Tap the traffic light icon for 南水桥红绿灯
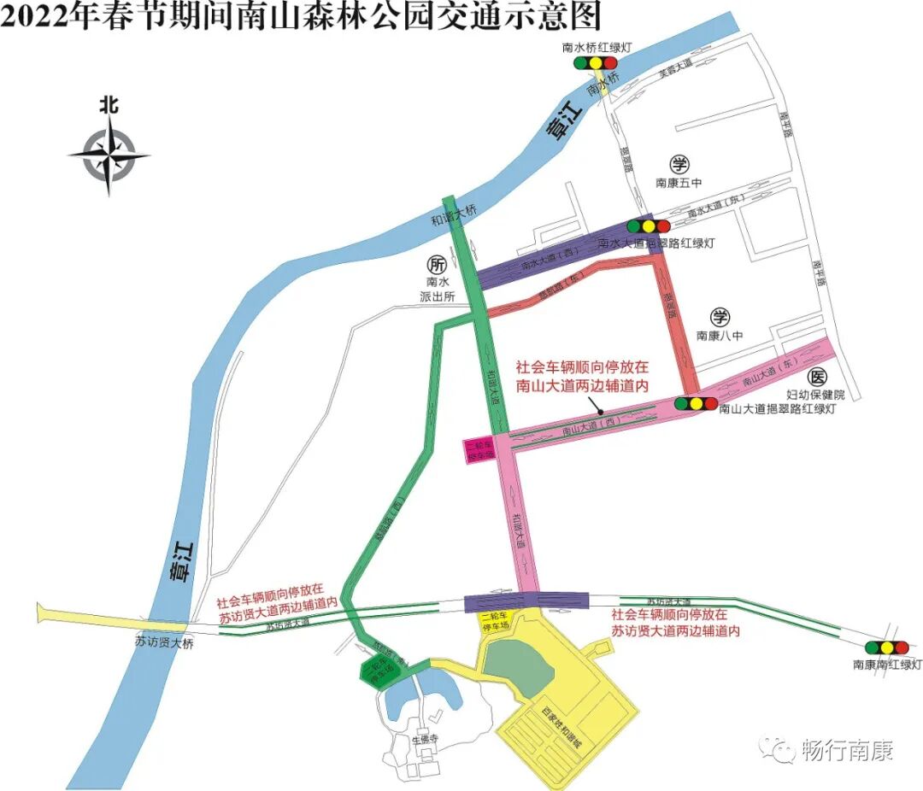[x=596, y=63]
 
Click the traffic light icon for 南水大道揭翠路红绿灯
[x=649, y=226]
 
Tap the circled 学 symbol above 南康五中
[x=679, y=165]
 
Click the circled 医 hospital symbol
[x=817, y=377]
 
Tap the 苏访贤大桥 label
[x=164, y=642]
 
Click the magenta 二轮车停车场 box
[x=480, y=451]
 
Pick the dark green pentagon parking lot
[x=379, y=671]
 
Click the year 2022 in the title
[x=33, y=16]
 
